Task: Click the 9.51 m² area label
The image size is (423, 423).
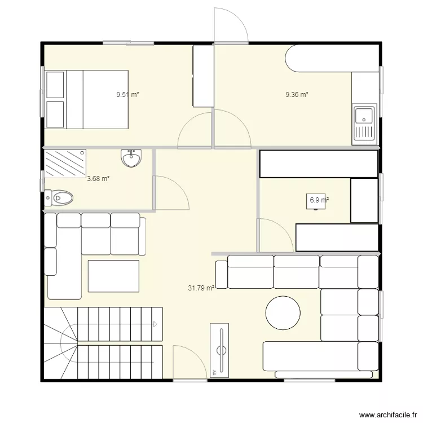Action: pos(127,94)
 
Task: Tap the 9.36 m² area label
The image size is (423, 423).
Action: pos(297,94)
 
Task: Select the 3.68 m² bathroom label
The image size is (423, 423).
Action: pos(98,178)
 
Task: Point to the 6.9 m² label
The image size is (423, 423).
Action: pos(319,200)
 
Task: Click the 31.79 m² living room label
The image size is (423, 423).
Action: pos(201,288)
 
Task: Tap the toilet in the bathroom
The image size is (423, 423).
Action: pos(59,198)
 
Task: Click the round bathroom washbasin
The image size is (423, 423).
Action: pos(131,158)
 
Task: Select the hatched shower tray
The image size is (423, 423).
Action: pos(65,163)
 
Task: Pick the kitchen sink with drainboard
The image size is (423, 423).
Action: pos(364,124)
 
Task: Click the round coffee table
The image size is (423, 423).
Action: pos(283,312)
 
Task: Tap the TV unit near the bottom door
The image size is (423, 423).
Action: pos(219,350)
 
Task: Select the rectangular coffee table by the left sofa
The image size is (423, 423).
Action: pos(113,276)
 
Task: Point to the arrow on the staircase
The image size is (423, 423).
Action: pos(155,324)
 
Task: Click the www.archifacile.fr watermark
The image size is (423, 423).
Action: pos(388,415)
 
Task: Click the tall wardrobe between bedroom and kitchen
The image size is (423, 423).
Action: pos(204,76)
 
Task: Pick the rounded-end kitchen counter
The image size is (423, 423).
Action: pos(332,58)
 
